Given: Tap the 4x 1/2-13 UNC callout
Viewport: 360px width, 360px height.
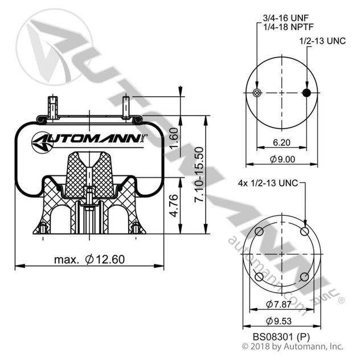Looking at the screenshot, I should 268,183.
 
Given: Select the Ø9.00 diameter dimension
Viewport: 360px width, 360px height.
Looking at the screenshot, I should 283,159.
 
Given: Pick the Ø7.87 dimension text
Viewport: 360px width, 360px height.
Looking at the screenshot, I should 282,303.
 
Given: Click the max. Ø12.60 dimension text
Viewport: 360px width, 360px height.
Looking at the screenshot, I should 89,259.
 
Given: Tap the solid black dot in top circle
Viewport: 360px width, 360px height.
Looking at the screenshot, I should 307,93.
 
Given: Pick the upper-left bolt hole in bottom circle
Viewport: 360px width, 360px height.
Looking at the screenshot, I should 259,231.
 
